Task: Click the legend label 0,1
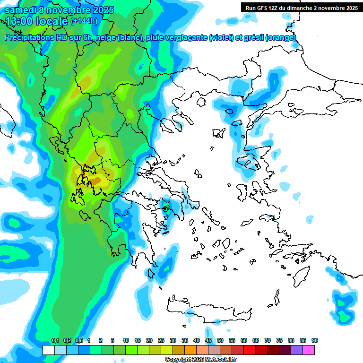[55, 340]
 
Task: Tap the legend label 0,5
[79, 340]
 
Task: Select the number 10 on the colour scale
[126, 340]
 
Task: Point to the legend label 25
[161, 340]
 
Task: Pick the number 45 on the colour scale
[208, 340]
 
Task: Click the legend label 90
[315, 340]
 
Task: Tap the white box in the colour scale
[48, 350]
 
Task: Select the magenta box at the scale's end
[309, 350]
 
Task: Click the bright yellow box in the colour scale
[167, 350]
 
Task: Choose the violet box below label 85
[297, 350]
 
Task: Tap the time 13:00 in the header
[20, 21]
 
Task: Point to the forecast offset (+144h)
[84, 21]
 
